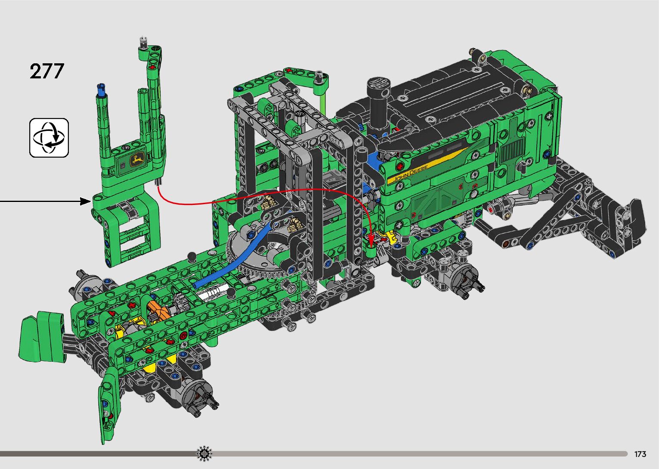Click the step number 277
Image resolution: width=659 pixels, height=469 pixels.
[x=47, y=71]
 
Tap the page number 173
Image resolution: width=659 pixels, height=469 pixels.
[x=640, y=454]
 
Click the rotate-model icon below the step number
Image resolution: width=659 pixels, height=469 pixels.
[x=49, y=138]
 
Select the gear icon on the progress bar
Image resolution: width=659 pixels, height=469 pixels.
[x=204, y=453]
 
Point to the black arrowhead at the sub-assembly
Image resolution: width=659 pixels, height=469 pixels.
[x=86, y=202]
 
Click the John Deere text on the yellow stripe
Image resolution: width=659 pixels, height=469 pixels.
[x=410, y=174]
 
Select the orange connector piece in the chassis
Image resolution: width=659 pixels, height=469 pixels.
[x=158, y=311]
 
